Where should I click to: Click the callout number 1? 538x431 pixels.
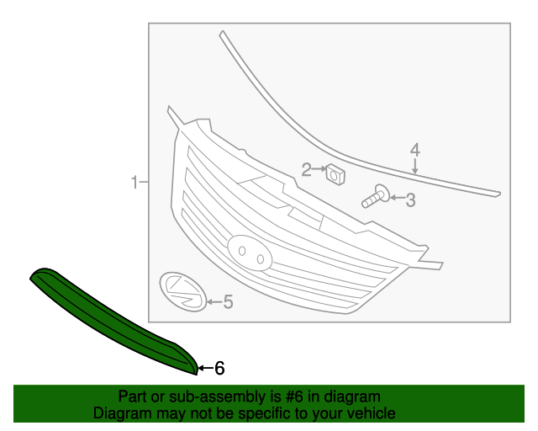(134, 182)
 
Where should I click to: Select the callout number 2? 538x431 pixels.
(307, 170)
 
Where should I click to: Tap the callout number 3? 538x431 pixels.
(410, 200)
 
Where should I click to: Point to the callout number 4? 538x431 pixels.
(414, 151)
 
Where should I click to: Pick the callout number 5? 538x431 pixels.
(228, 301)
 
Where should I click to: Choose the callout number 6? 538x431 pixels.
(219, 368)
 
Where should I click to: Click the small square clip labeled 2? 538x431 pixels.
(336, 175)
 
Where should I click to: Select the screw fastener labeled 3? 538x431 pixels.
(374, 198)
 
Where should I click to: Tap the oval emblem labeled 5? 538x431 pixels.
(182, 291)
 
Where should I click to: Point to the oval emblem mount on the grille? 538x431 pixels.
(249, 251)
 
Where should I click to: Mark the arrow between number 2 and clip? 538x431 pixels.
(319, 170)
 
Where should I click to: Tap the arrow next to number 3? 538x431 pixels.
(396, 200)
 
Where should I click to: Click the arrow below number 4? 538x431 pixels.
(414, 166)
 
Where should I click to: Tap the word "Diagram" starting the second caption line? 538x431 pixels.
(121, 413)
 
